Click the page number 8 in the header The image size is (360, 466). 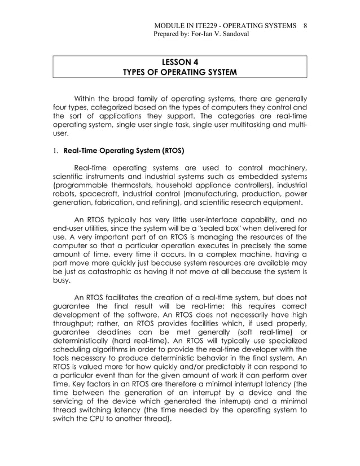tap(305, 25)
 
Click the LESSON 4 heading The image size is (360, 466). tap(179, 61)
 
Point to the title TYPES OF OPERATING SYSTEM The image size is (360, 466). tap(179, 72)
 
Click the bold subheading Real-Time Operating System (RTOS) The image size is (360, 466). tap(124, 151)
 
